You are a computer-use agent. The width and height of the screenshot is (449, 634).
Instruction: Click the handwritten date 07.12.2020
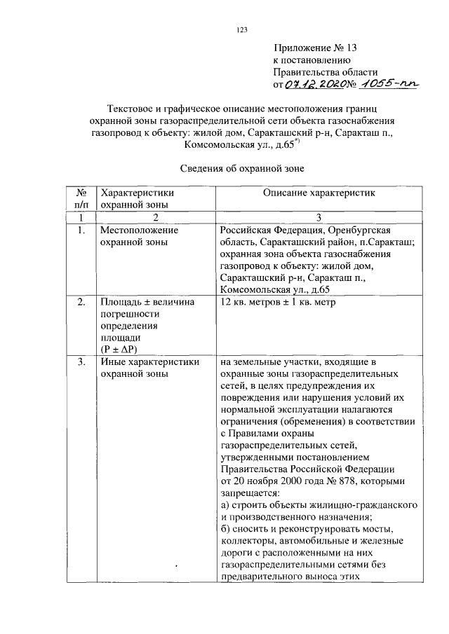tap(314, 85)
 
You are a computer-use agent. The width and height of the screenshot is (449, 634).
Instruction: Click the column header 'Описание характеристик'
tap(320, 193)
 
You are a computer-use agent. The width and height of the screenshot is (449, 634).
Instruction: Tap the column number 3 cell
tap(319, 217)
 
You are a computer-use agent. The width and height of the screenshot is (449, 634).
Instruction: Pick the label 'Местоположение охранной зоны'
tap(139, 235)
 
